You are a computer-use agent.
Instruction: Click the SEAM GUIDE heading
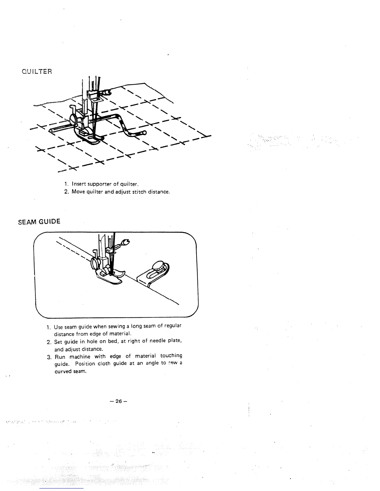[x=39, y=222]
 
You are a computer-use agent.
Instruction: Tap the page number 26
[x=118, y=401]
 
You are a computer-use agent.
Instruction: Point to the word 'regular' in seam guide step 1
[x=173, y=326]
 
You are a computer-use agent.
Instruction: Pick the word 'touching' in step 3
[x=171, y=356]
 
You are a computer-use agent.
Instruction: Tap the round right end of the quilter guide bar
[x=144, y=133]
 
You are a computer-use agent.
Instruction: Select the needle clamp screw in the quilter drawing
[x=107, y=91]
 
